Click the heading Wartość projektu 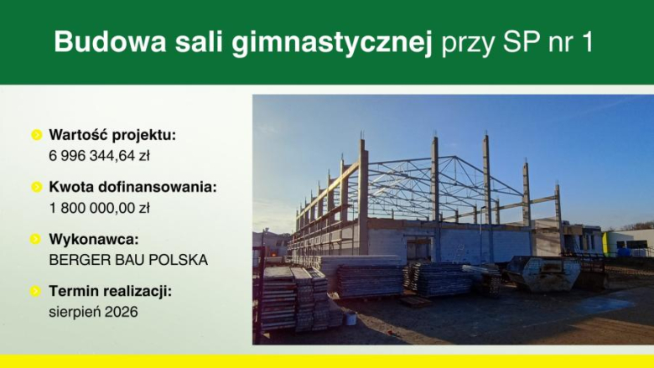[x=113, y=134]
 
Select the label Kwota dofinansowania [x=132, y=186]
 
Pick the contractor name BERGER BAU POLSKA [x=128, y=260]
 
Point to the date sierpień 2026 [x=91, y=312]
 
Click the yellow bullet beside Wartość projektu [x=36, y=134]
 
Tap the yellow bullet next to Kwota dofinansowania [x=36, y=186]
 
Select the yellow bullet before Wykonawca [x=36, y=239]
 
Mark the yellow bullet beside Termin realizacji [x=36, y=291]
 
